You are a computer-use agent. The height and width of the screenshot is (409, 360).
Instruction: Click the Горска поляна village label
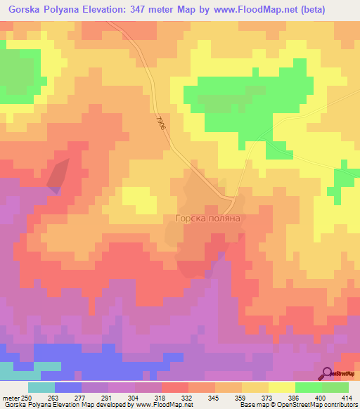click(x=208, y=219)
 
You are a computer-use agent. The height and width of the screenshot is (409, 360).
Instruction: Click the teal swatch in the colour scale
click(x=41, y=387)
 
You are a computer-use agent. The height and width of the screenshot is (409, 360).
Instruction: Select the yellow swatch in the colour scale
click(x=281, y=387)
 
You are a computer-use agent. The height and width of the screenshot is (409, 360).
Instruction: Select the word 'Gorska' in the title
click(x=25, y=11)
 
